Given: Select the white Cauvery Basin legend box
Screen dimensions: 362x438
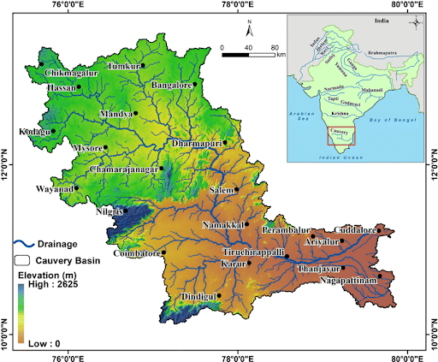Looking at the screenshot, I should point(23,258).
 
